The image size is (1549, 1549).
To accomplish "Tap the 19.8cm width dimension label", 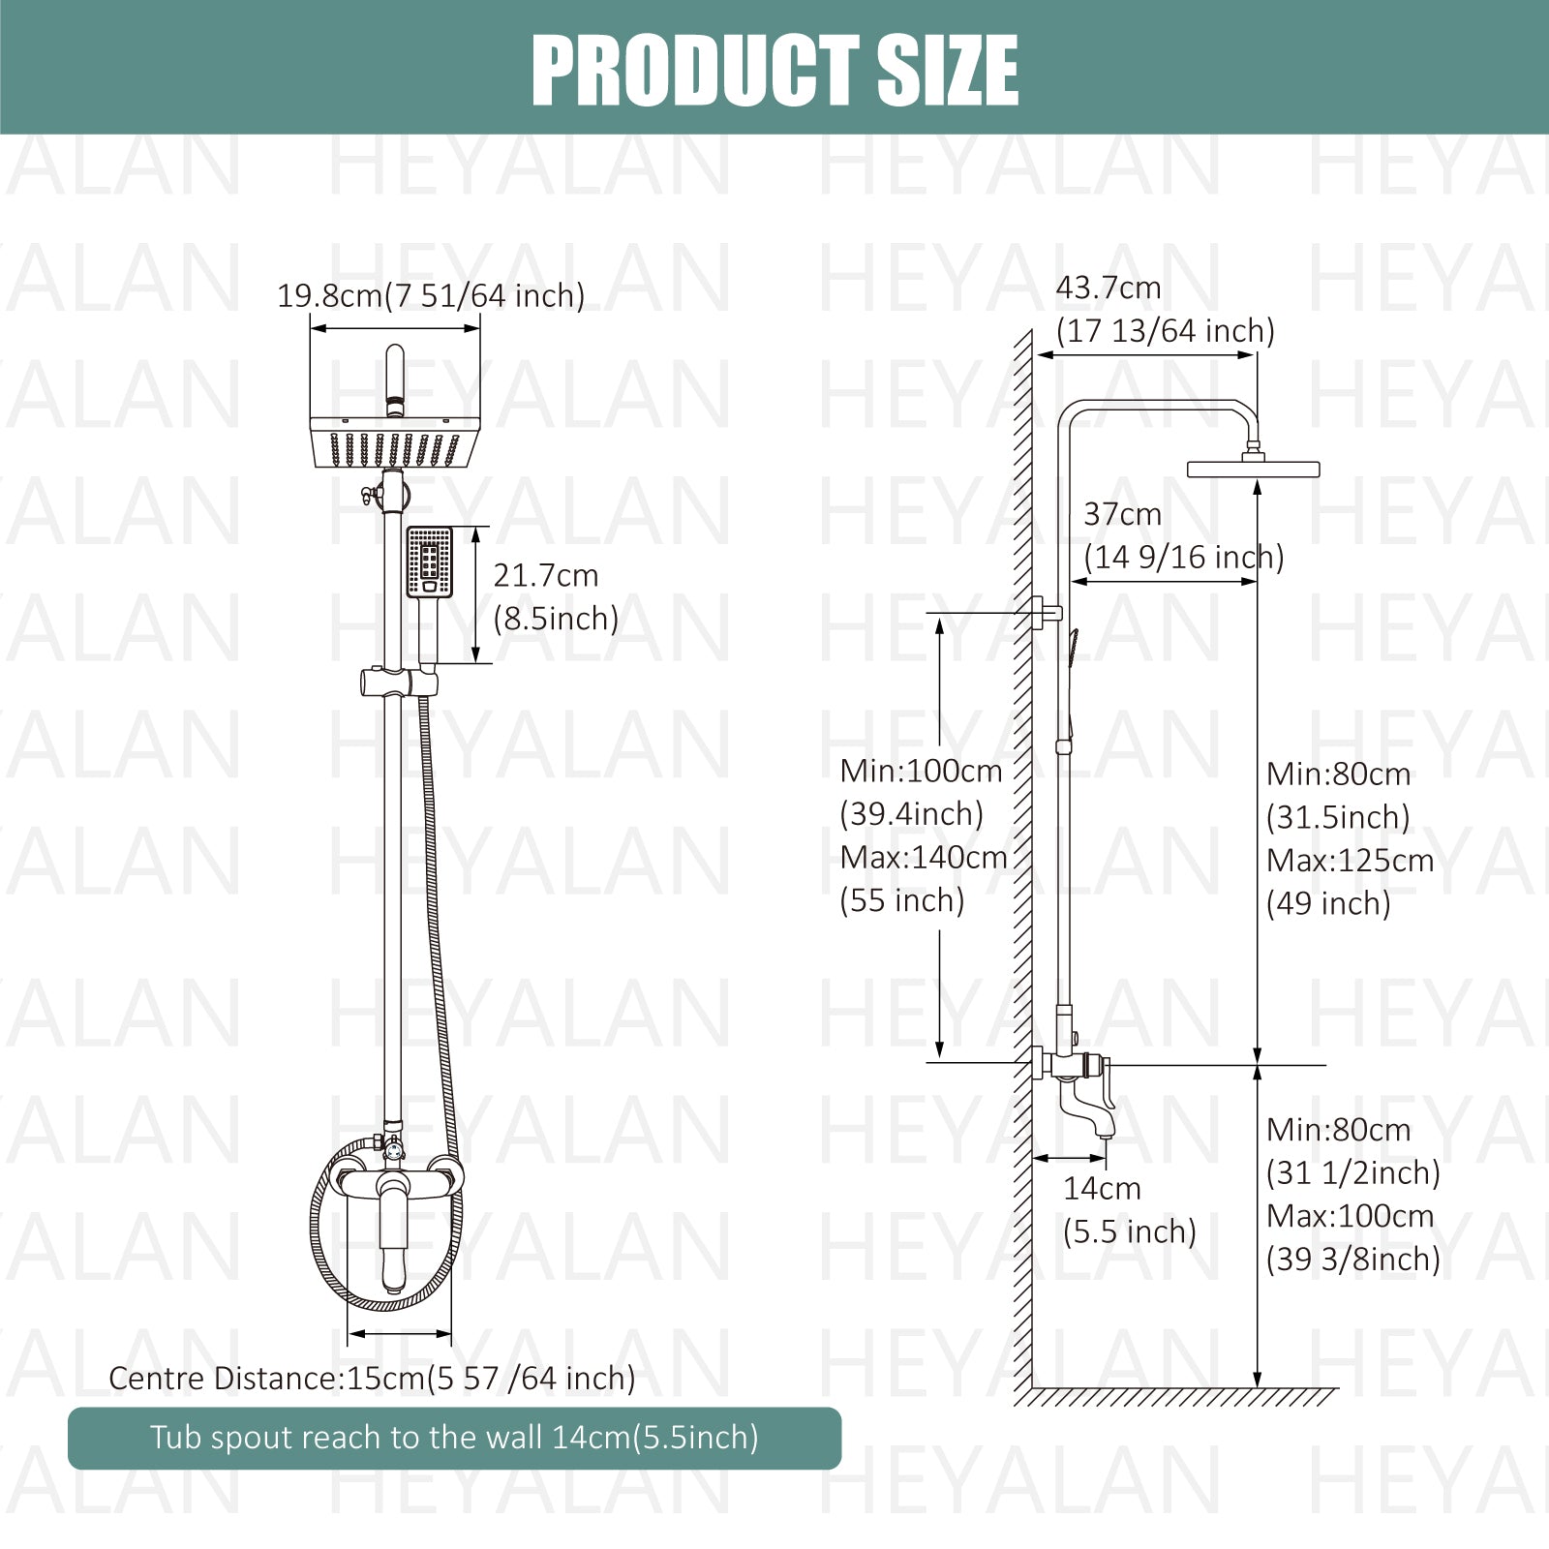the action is (x=431, y=295).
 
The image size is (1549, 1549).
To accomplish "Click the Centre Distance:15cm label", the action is (x=372, y=1378).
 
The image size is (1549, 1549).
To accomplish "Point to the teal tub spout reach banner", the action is (x=454, y=1438).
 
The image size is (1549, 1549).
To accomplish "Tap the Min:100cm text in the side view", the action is (x=921, y=771).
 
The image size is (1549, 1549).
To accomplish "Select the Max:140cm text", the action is (x=924, y=857).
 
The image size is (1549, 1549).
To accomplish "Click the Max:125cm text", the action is (x=1350, y=860).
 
